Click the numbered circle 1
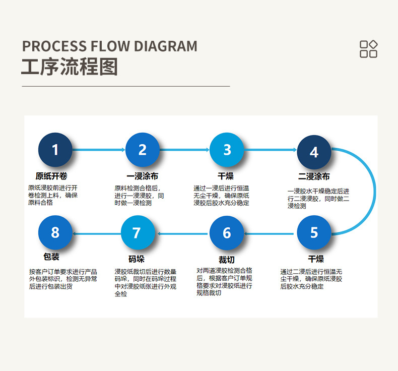(55, 150)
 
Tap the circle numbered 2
(143, 150)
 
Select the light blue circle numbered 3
(227, 150)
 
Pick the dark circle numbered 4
(314, 152)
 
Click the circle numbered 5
(314, 232)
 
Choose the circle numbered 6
(227, 233)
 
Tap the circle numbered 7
(138, 232)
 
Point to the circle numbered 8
(55, 232)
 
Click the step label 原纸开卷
(51, 176)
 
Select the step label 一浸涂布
(143, 176)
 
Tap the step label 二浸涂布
(314, 176)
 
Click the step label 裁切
(227, 260)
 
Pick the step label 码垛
(137, 259)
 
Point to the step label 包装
(51, 257)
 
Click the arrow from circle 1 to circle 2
(99, 150)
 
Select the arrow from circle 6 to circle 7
(182, 233)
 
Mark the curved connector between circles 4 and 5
(375, 191)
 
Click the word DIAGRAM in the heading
(165, 46)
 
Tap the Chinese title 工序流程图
(70, 67)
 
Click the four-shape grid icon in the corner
(369, 49)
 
